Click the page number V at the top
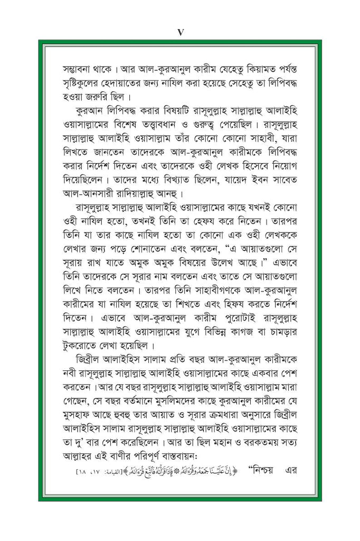tap(180, 32)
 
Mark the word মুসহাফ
tap(80, 416)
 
